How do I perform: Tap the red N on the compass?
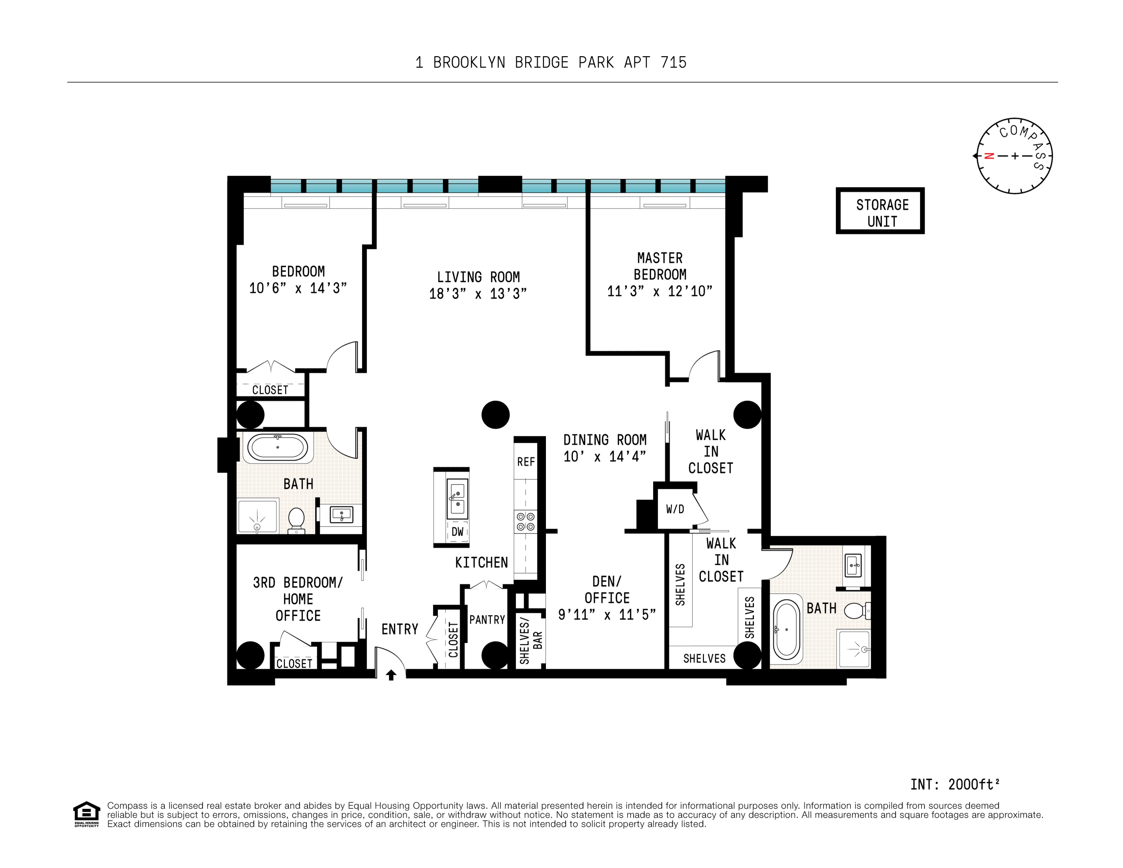989,156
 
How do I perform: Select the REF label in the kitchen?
526,462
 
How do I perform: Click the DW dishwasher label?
457,532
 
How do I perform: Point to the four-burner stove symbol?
526,521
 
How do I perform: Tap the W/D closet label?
675,509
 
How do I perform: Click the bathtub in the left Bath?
278,447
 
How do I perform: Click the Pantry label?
487,620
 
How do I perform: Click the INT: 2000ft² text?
954,784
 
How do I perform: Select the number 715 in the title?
674,62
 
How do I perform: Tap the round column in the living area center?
495,415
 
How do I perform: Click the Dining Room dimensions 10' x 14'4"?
605,456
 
